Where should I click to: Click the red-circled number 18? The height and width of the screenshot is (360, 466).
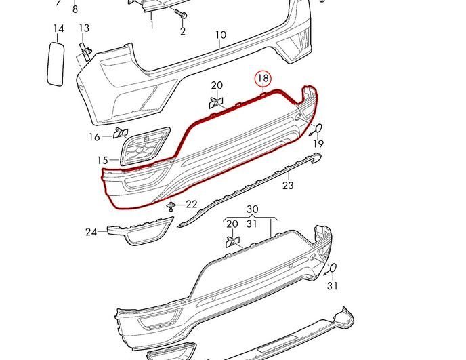263,78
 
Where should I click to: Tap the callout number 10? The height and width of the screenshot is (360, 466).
221,35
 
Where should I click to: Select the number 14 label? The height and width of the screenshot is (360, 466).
59,29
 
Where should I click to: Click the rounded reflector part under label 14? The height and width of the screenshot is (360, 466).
56,64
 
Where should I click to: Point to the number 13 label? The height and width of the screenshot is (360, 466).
84,28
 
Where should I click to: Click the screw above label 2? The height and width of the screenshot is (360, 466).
181,13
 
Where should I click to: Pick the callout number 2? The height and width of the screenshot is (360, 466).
183,31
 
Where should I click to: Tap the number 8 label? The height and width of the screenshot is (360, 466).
75,9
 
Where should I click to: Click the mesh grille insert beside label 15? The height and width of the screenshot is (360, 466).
145,146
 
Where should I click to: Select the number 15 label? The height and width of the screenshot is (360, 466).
102,161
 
